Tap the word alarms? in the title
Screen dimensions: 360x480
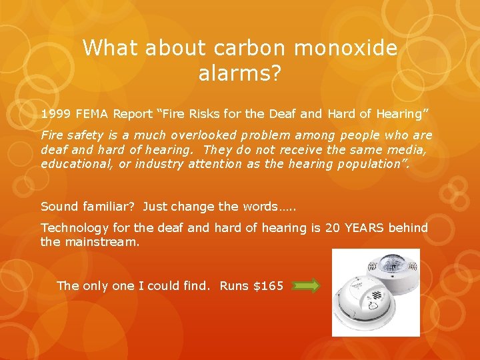[239, 73]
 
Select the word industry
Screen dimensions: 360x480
[158, 164]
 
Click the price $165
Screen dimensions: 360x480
[268, 286]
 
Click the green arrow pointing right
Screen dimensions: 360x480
[306, 286]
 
